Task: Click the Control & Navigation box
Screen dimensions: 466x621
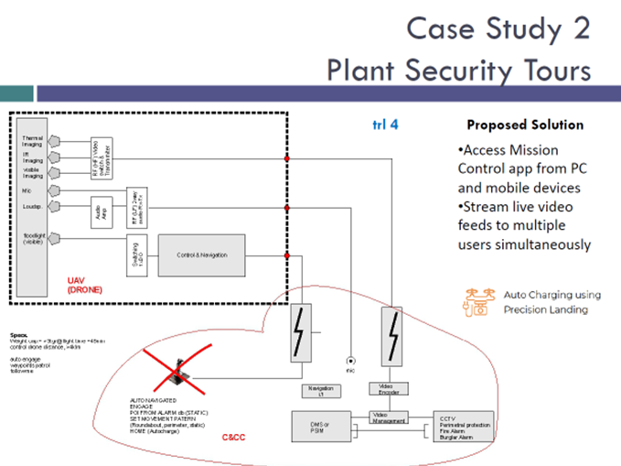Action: (x=202, y=255)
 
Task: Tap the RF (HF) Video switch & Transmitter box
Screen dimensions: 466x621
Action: (x=102, y=154)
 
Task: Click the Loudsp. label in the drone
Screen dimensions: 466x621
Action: (x=33, y=206)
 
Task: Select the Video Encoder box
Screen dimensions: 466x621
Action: (x=387, y=390)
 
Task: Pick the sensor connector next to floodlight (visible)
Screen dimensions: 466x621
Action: (x=55, y=239)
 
